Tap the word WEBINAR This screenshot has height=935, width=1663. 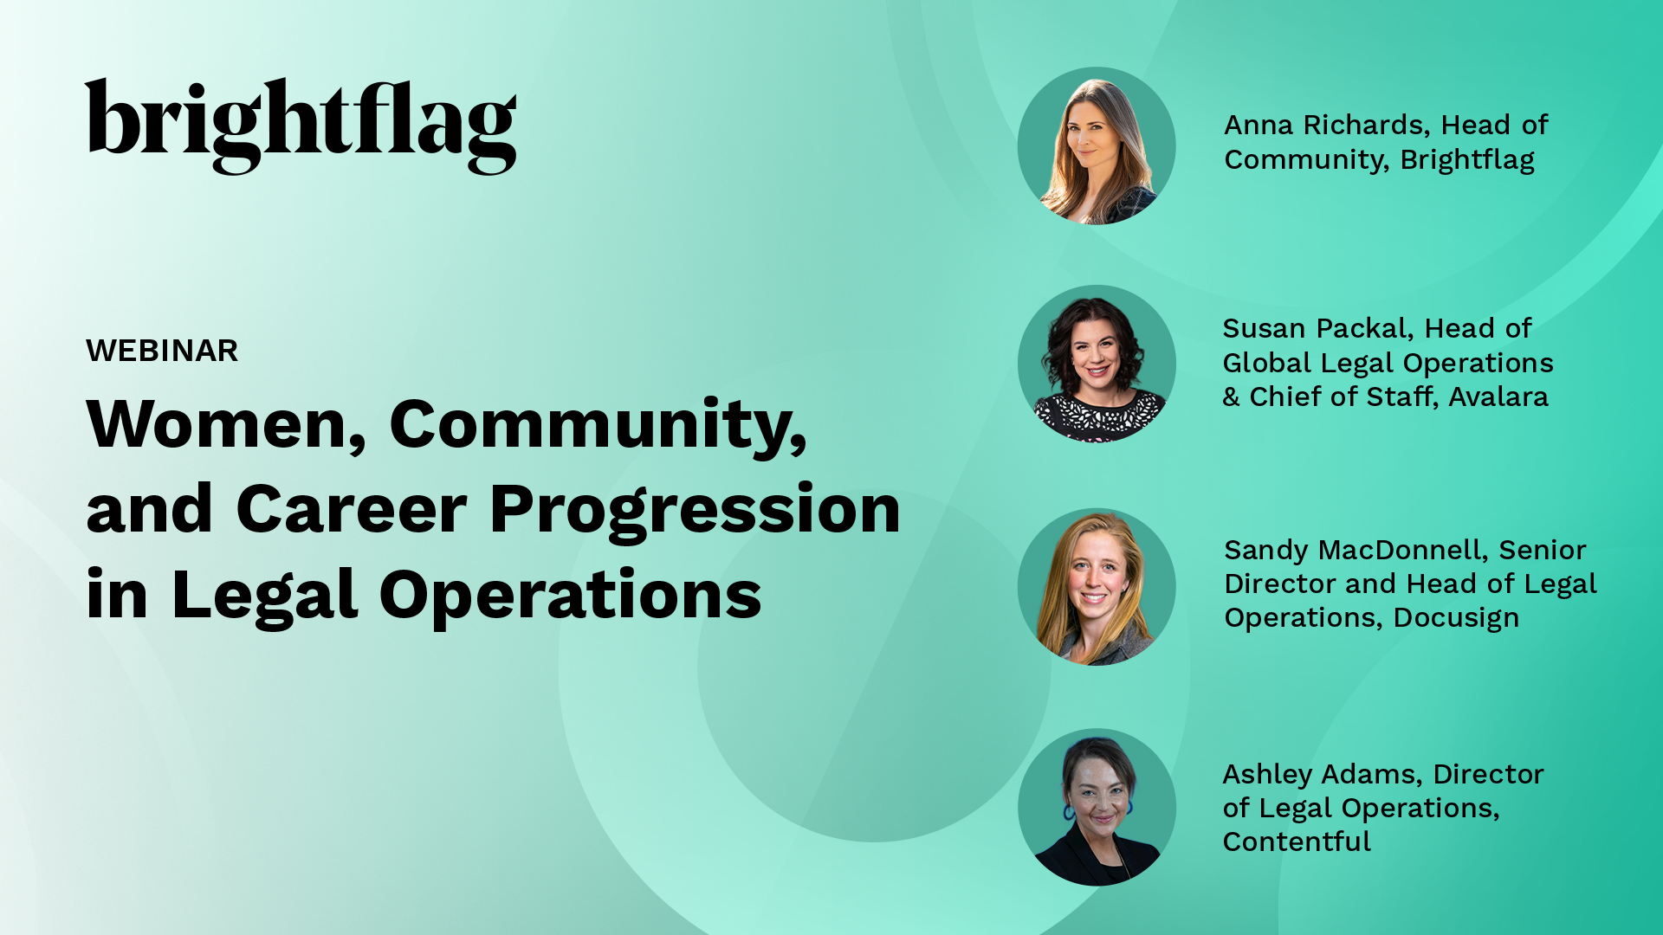(x=162, y=351)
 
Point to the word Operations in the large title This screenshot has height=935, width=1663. (x=570, y=596)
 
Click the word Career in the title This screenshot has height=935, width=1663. (x=352, y=509)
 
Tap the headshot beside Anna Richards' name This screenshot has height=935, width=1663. (x=1097, y=145)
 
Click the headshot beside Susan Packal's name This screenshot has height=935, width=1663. (x=1097, y=364)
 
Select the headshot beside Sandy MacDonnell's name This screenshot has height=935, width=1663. (x=1097, y=587)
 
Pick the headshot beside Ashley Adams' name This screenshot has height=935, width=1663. (x=1097, y=807)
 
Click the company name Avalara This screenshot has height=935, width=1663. (x=1498, y=397)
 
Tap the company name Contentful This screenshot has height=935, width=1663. (x=1297, y=841)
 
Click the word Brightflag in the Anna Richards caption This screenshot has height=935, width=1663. (x=1467, y=160)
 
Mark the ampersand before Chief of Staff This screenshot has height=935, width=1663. (x=1231, y=397)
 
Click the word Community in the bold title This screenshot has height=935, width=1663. (x=598, y=424)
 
